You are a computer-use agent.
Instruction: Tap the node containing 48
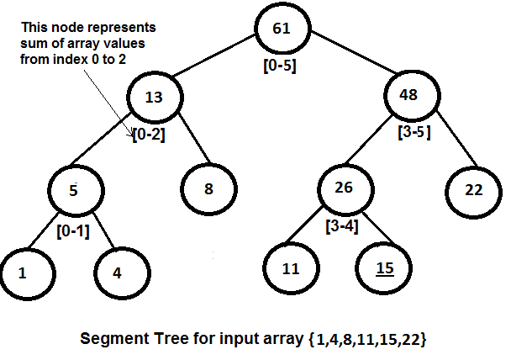409,96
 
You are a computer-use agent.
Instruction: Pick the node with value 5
75,189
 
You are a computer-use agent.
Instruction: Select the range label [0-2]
148,132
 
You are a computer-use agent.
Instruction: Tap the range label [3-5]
414,131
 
